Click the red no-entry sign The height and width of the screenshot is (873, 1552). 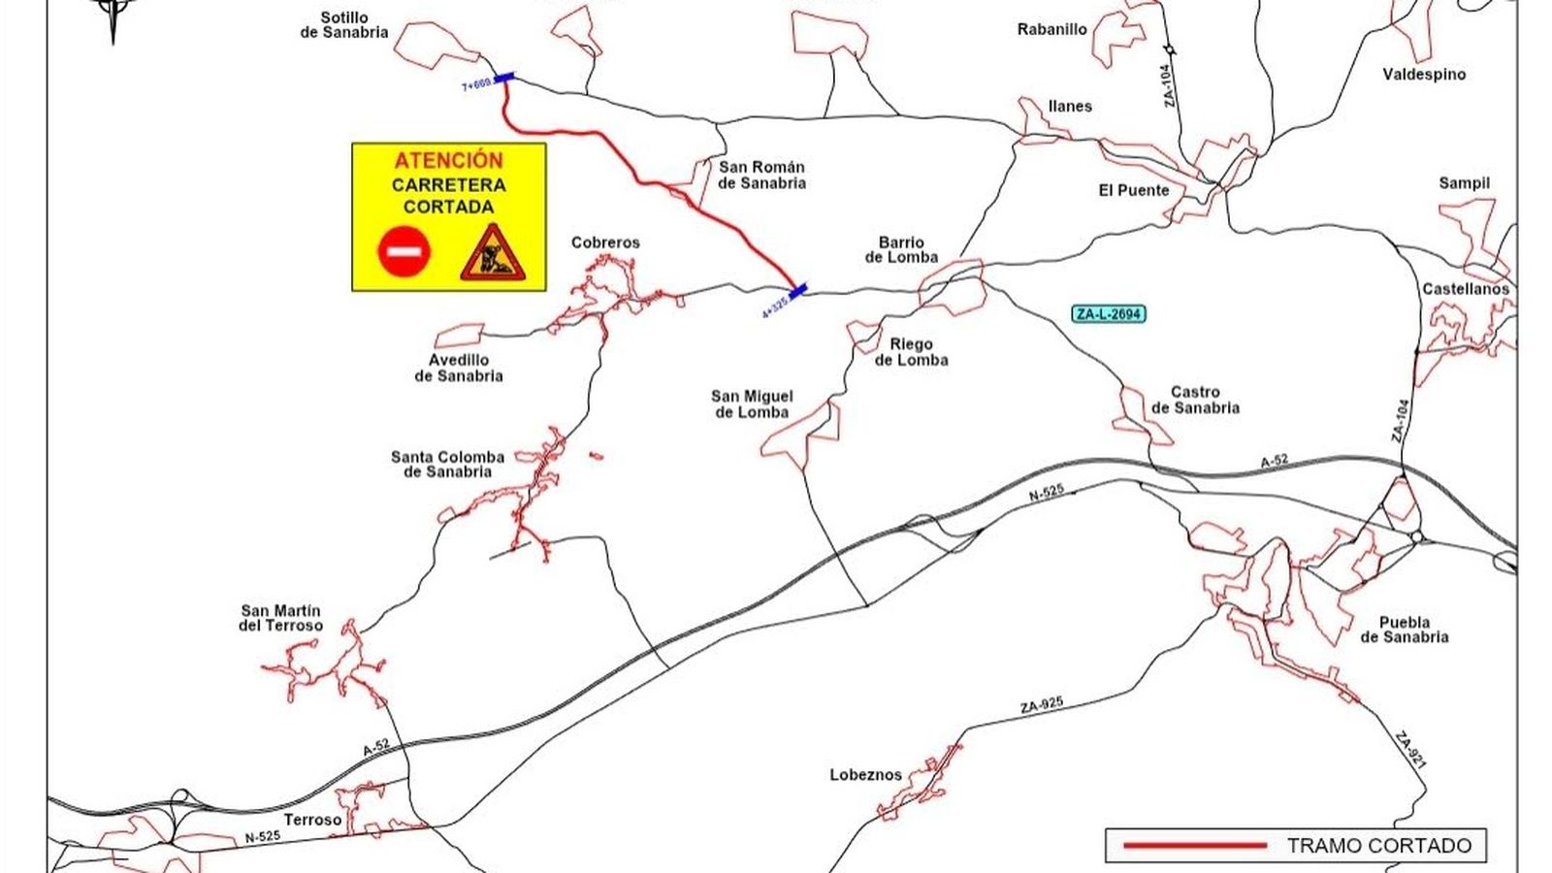[404, 251]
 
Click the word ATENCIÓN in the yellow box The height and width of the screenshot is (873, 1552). [448, 160]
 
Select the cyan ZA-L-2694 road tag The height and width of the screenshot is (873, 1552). [1109, 313]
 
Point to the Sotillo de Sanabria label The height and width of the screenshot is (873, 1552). [344, 25]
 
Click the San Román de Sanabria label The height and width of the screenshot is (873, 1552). [761, 175]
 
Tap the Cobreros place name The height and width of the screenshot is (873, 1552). [605, 242]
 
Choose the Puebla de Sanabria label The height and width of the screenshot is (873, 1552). [1404, 630]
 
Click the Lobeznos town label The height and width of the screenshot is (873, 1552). [865, 775]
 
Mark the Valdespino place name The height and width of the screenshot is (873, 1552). [1424, 74]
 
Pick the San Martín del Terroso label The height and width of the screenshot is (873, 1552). [280, 618]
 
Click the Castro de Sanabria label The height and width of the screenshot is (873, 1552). [1195, 400]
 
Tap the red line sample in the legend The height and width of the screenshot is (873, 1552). [1195, 846]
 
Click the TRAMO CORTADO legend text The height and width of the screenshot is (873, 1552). [1378, 846]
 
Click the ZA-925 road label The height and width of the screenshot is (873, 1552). [1042, 706]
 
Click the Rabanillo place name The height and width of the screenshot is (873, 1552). [1051, 29]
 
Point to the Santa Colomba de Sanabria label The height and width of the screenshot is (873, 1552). [447, 464]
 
